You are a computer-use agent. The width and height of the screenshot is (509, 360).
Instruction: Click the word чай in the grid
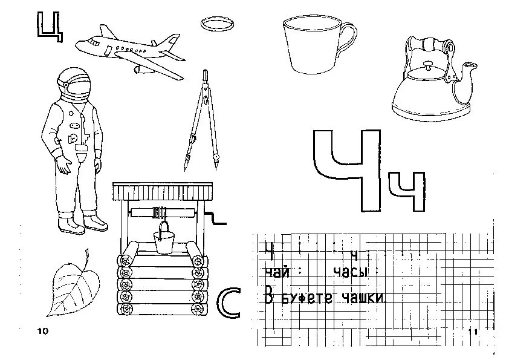[274, 273]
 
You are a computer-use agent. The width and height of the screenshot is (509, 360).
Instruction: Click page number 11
[472, 332]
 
